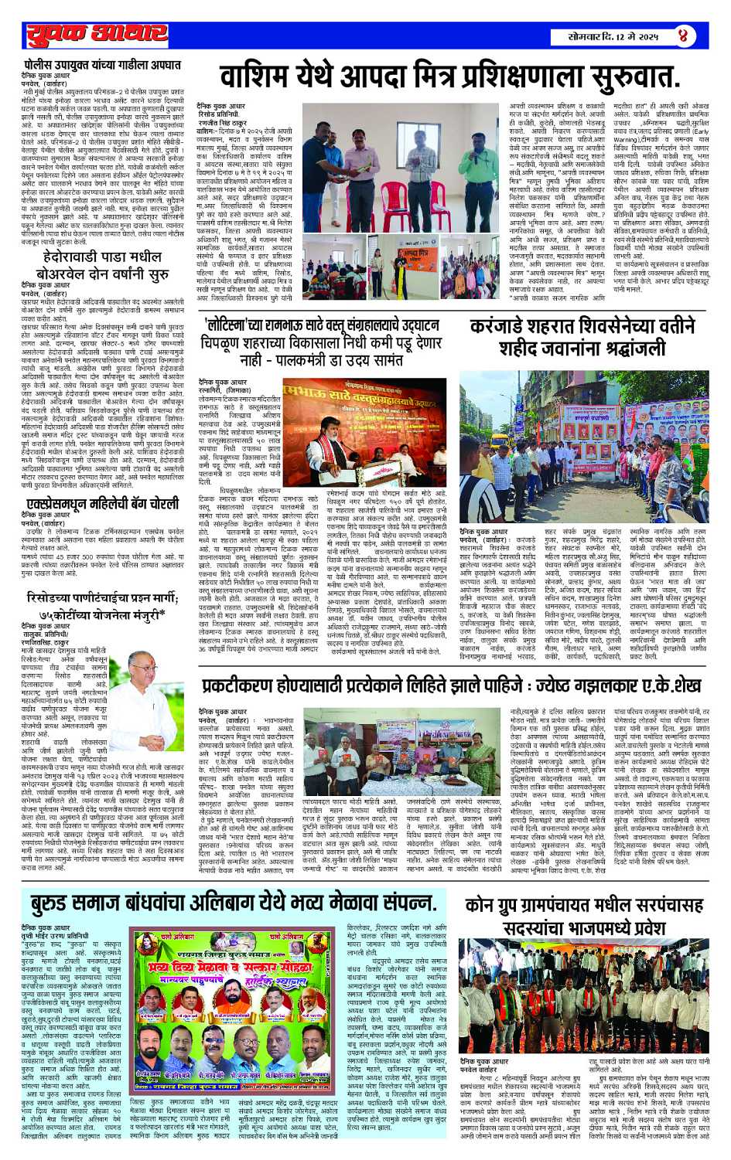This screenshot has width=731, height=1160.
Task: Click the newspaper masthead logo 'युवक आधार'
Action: tap(97, 35)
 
